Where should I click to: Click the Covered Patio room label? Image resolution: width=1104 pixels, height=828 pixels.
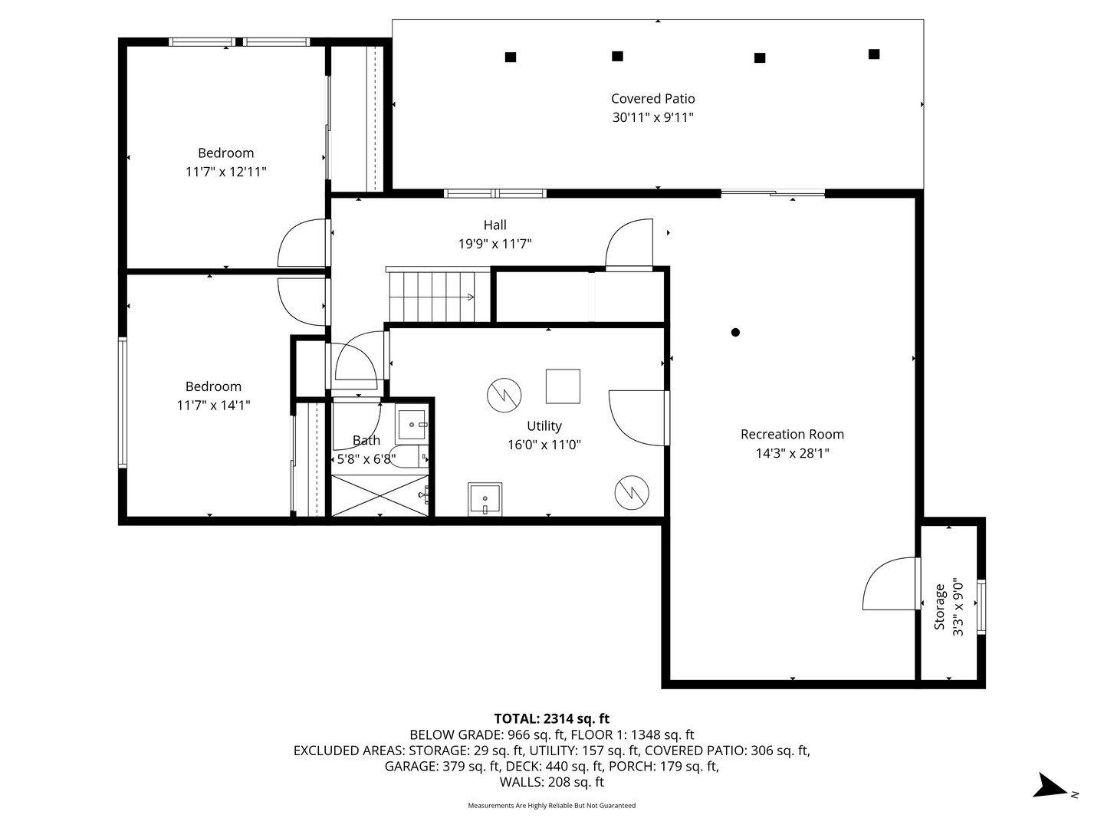(652, 99)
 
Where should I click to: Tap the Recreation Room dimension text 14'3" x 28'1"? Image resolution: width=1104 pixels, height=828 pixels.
(792, 453)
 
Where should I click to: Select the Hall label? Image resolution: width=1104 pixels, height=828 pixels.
(495, 225)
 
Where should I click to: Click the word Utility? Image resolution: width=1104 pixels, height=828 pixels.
(544, 426)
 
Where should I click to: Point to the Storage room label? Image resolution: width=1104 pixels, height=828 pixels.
(939, 606)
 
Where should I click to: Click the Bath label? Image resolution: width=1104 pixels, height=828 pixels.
(366, 440)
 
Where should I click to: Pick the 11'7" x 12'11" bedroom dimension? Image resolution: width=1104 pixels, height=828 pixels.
(226, 172)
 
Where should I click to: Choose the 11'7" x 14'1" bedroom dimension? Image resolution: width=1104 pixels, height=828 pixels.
(213, 406)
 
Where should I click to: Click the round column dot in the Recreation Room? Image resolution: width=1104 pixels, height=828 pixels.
(735, 332)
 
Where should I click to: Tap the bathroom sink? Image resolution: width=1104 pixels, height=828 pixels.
(412, 424)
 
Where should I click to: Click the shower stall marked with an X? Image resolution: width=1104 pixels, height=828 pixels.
(379, 495)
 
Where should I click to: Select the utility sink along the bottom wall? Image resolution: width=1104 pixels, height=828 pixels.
(485, 499)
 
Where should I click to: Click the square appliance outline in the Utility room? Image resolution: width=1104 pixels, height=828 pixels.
(563, 386)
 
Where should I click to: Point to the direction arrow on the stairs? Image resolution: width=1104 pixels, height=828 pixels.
(471, 297)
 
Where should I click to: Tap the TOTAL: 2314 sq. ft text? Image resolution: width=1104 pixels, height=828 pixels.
(552, 718)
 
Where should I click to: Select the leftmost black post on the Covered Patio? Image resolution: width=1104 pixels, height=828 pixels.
(511, 58)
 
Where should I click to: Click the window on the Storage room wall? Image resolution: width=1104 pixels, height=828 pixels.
(981, 606)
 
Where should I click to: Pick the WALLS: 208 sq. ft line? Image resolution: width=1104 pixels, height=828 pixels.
(552, 782)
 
